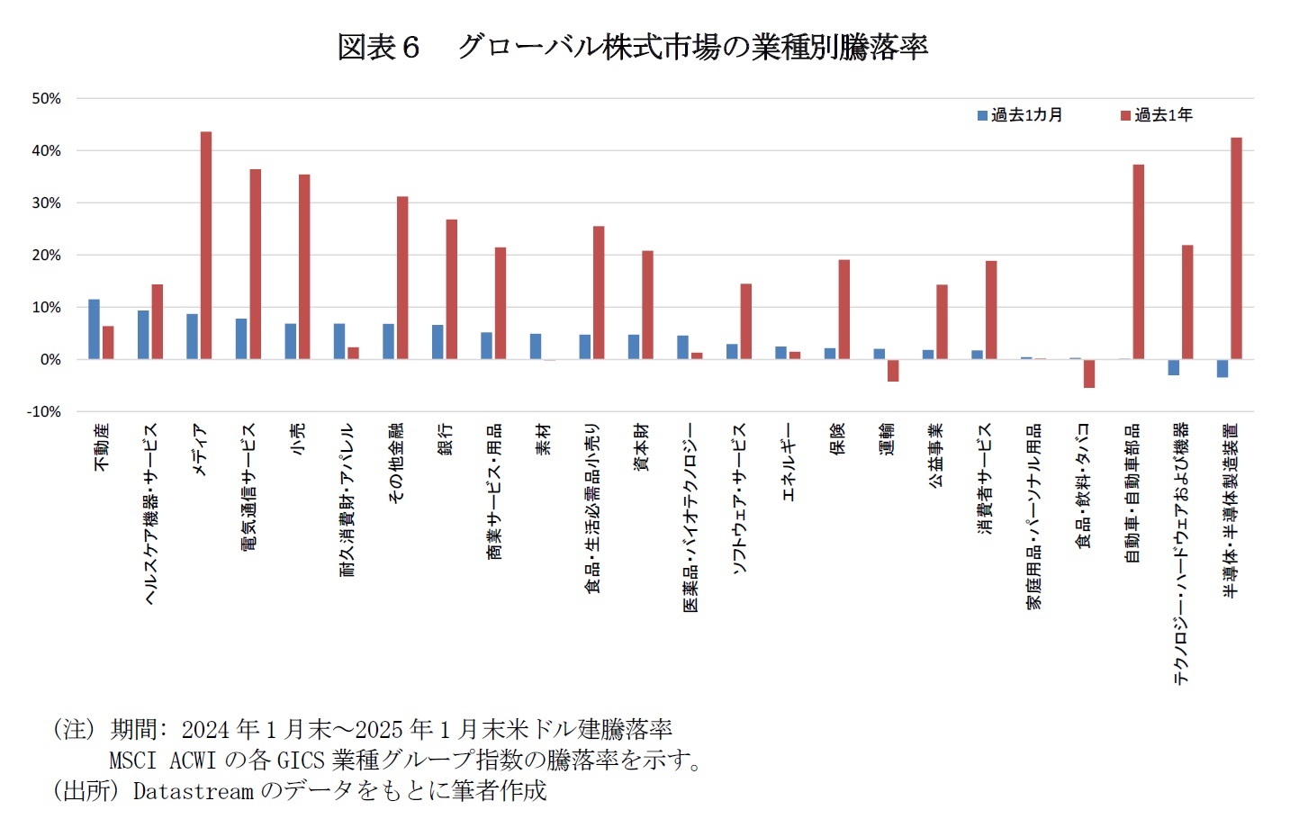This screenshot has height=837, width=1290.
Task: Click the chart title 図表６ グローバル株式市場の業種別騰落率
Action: point(632,47)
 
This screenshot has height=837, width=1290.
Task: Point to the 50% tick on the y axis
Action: point(47,98)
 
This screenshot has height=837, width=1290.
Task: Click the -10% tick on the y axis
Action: point(45,411)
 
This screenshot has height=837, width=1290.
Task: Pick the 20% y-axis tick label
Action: point(47,255)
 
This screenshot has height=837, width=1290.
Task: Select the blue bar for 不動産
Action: point(94,329)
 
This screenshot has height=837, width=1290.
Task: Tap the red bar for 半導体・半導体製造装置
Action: point(1236,248)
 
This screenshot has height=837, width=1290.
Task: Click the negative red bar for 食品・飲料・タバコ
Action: point(1089,373)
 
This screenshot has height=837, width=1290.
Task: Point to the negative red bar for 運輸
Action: point(893,370)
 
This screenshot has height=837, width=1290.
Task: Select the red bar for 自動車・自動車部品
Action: point(1138,262)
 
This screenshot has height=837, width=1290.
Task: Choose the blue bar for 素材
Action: point(536,346)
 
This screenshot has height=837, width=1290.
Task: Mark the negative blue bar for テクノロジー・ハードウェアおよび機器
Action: point(1173,367)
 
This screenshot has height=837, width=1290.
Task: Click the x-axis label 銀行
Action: point(445,439)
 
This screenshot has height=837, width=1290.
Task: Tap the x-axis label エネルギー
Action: point(788,462)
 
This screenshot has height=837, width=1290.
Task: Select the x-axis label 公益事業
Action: point(935,455)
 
